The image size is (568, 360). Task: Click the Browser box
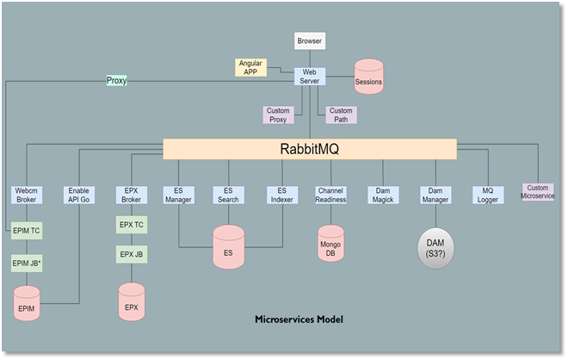coord(310,40)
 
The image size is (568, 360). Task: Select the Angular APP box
coord(250,67)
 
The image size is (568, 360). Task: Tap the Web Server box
coord(310,77)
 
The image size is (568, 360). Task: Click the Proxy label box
coord(116,80)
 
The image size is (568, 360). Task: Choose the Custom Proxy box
coord(278,115)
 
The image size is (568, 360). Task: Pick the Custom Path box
coord(341,115)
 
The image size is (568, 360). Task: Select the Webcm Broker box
coord(25,195)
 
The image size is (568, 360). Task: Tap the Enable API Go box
coord(79,195)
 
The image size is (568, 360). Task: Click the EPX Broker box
coord(132,195)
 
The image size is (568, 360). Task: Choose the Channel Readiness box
coord(330,195)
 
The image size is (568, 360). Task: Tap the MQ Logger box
coord(487,195)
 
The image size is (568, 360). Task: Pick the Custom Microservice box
coord(539,191)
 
